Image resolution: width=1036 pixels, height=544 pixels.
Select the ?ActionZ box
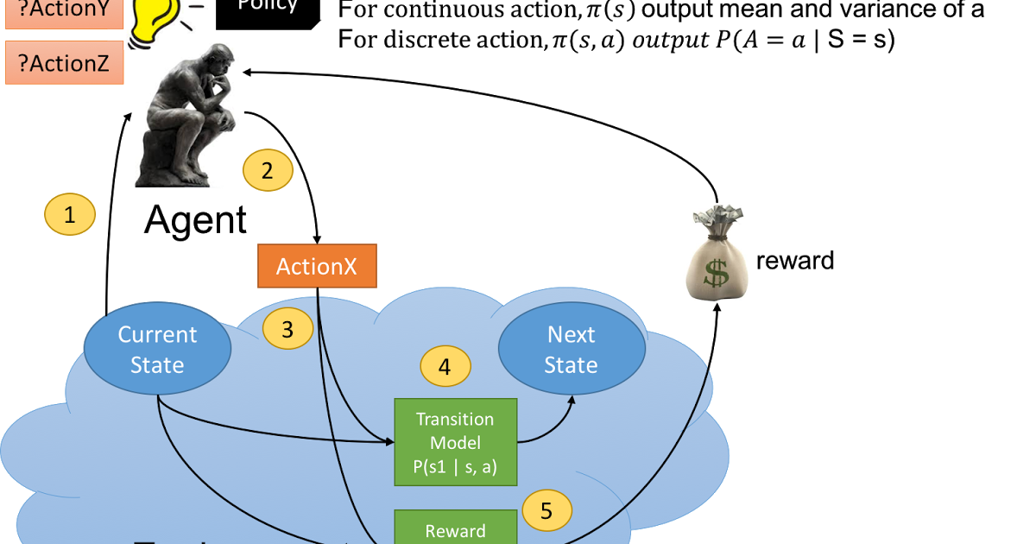(65, 63)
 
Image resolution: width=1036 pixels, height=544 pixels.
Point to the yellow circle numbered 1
(70, 215)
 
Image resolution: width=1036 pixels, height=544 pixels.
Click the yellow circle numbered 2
(268, 171)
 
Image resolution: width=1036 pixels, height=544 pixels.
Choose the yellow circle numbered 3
(287, 329)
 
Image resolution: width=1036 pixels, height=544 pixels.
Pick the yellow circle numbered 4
(445, 366)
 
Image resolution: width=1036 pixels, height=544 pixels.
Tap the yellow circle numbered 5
(546, 510)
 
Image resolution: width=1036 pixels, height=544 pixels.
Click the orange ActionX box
(317, 266)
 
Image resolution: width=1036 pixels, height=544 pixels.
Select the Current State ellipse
(157, 349)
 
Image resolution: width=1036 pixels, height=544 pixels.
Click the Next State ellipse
(572, 349)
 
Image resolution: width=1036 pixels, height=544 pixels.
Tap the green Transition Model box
(455, 441)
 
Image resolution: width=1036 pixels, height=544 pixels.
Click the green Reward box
(455, 528)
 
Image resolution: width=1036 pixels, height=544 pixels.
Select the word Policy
(268, 5)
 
